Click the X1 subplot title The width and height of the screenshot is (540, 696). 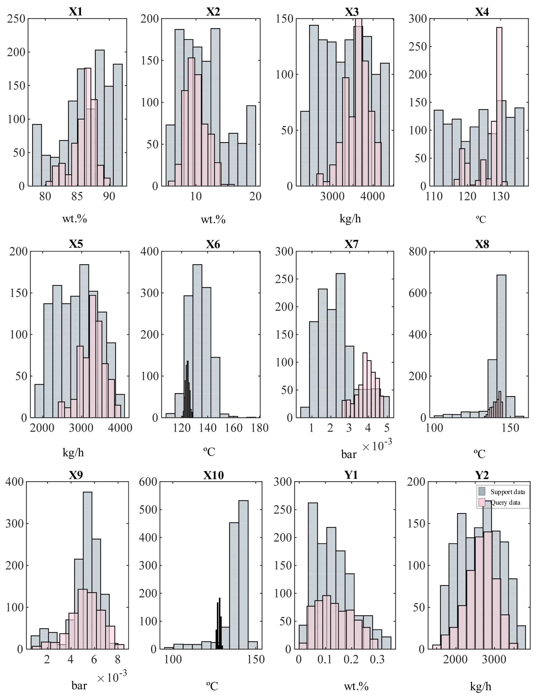(x=76, y=12)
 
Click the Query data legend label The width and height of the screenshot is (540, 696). (x=505, y=503)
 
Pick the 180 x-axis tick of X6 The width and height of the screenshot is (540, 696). (x=260, y=428)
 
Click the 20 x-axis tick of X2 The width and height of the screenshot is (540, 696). (x=255, y=196)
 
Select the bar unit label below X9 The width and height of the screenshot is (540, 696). (x=79, y=685)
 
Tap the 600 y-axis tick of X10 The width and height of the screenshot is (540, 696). (x=148, y=482)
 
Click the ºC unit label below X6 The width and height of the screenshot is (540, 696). (x=209, y=451)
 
